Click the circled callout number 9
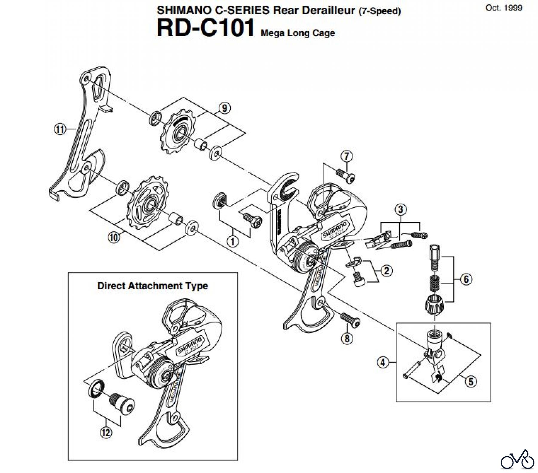tap(224, 108)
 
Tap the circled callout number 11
tap(59, 129)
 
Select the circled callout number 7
tap(347, 156)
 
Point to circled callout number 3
tap(401, 209)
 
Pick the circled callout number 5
tap(471, 381)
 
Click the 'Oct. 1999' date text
tap(504, 8)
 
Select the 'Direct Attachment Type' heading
tap(152, 286)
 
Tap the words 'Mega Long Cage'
tap(298, 33)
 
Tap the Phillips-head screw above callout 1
tap(251, 219)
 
